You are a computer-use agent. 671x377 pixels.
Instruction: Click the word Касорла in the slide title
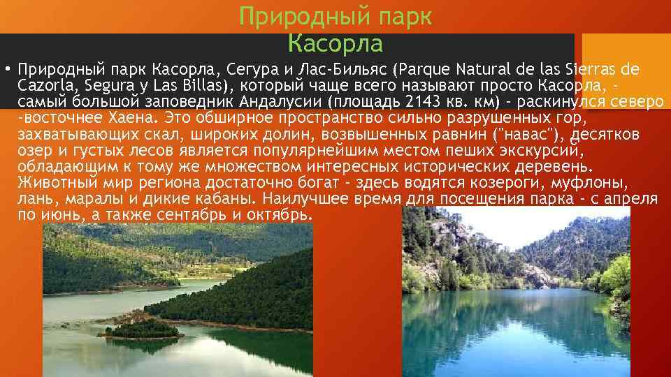[x=335, y=44]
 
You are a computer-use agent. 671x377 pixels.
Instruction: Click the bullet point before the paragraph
[x=6, y=70]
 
